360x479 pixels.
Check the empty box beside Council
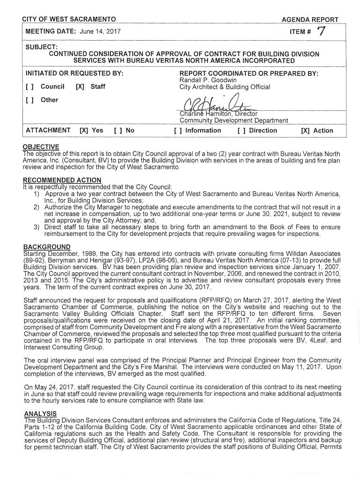[x=30, y=87]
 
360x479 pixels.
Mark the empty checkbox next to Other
[x=30, y=100]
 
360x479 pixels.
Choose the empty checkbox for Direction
[x=241, y=131]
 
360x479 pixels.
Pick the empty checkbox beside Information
[x=178, y=131]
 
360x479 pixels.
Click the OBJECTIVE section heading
[x=41, y=147]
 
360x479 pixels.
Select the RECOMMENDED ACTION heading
[x=62, y=181]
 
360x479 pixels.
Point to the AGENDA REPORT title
[x=310, y=20]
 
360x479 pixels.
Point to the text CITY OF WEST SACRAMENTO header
[x=69, y=20]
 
